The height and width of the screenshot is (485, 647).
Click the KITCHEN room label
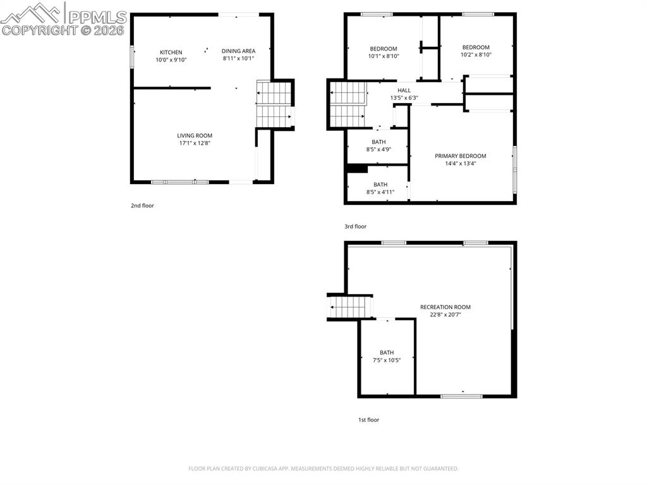[171, 52]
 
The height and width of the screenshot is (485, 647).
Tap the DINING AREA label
[238, 51]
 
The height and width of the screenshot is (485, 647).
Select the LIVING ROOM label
[195, 135]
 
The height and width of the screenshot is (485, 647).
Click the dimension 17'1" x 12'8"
[195, 143]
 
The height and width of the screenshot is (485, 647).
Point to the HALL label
[404, 90]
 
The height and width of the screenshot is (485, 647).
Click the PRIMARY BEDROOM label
[461, 156]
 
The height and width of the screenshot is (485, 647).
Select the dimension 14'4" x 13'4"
[461, 163]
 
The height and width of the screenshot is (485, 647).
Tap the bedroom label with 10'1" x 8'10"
[383, 49]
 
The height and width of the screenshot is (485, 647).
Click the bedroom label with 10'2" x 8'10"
[476, 47]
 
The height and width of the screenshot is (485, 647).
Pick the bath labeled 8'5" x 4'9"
[378, 142]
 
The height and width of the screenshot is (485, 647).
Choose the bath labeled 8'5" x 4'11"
[380, 185]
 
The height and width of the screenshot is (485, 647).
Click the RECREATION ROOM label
[445, 307]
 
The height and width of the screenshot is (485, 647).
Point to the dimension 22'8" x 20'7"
[445, 315]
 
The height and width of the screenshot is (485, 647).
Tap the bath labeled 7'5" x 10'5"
[387, 353]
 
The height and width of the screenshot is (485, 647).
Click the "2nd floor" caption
[142, 206]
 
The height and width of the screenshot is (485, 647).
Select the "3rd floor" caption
[355, 226]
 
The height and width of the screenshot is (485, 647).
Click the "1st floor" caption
[368, 419]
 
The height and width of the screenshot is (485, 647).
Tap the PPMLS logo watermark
[63, 19]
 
